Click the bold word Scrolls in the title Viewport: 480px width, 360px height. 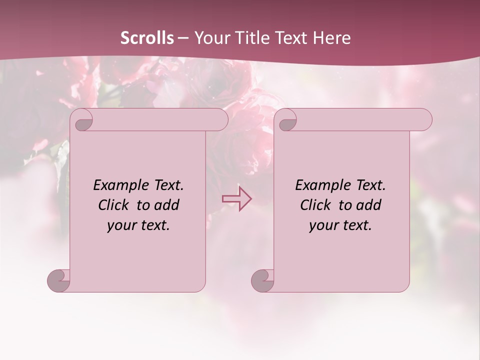(x=147, y=38)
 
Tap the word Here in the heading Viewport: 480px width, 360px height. (x=332, y=38)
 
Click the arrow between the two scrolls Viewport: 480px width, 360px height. (x=236, y=198)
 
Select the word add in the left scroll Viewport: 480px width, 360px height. (x=167, y=205)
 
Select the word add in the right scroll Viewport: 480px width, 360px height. (x=369, y=205)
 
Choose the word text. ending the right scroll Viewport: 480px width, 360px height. (x=356, y=225)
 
